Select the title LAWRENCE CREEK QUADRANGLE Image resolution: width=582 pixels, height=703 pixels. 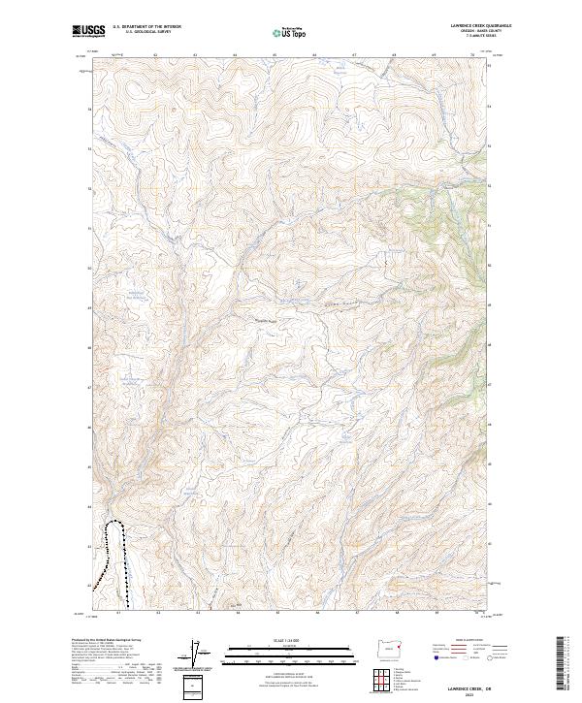point(481,26)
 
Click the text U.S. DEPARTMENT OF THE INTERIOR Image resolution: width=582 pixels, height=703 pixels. point(146,27)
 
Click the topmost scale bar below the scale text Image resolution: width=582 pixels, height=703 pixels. point(277,647)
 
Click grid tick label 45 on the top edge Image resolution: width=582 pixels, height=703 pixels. point(275,55)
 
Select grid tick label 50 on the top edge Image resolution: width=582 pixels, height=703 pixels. point(472,55)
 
